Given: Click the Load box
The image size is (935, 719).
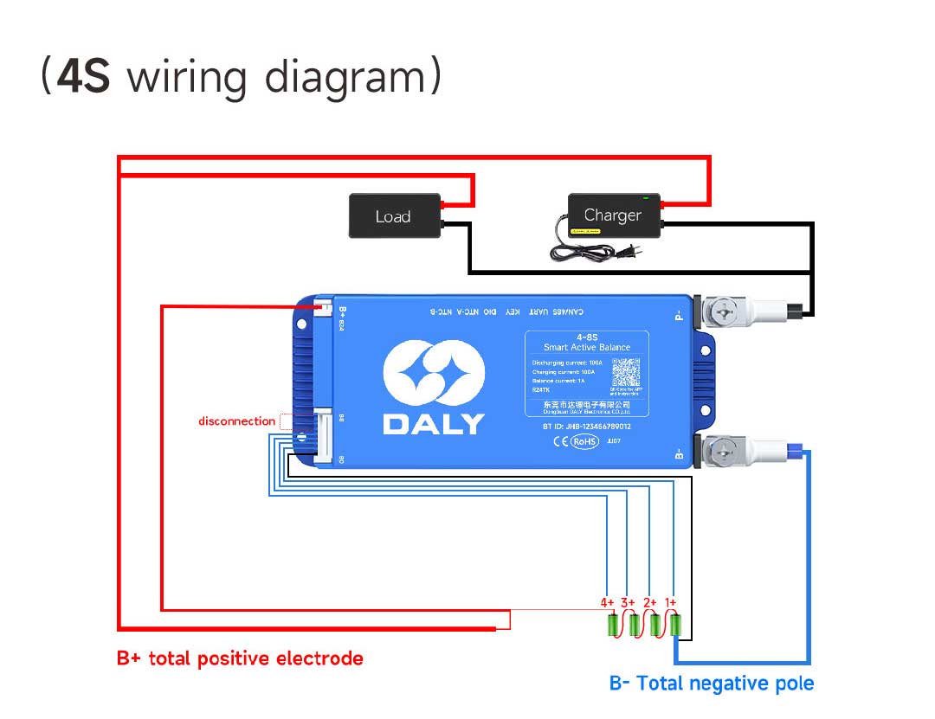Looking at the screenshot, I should (394, 215).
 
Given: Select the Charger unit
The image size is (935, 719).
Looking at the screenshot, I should (614, 215).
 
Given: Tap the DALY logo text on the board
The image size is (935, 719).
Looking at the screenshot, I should (434, 424).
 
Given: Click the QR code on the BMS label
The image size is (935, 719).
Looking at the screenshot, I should (626, 373).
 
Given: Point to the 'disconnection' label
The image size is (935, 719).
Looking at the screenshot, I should (236, 421).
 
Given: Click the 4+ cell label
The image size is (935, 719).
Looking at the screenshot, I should (608, 602).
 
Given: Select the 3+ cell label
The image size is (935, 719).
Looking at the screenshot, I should (629, 602).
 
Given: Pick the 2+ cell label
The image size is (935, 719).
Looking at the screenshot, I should (650, 602).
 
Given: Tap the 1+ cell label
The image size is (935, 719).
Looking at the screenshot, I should (671, 602).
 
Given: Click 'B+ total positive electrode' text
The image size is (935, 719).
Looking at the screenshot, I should (240, 658).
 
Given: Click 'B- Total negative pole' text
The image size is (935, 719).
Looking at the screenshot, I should (712, 684).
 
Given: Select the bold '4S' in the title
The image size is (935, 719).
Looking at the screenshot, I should (84, 77).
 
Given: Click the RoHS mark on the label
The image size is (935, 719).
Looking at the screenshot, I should (584, 441).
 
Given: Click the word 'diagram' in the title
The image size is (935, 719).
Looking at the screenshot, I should (345, 77).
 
